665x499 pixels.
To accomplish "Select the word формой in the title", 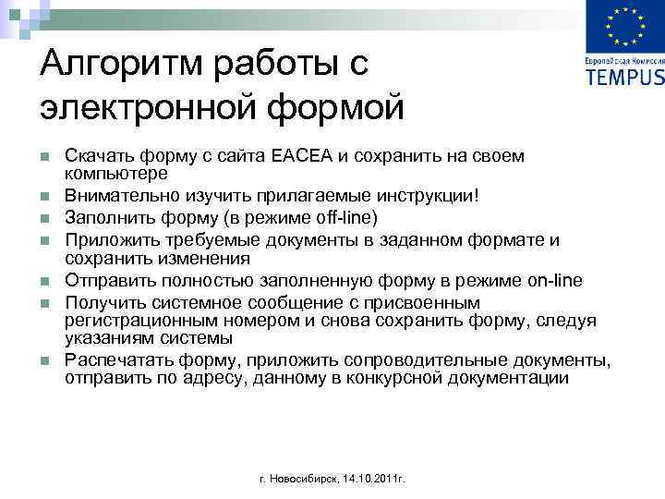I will click(x=336, y=108).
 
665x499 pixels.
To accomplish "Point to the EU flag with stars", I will click(x=623, y=29).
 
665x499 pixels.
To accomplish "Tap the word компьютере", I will click(x=115, y=173).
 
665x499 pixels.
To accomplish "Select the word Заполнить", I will click(x=104, y=217).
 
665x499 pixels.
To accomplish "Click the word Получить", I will click(x=103, y=303).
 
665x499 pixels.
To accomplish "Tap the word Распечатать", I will click(x=114, y=359).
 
